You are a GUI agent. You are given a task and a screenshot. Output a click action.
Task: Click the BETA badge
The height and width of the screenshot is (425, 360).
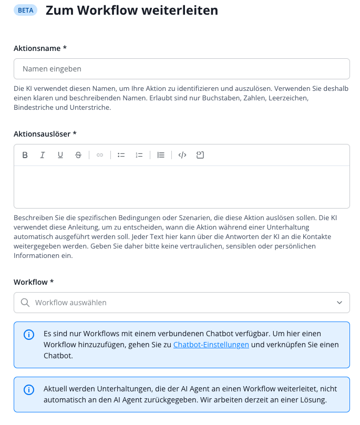coord(25,10)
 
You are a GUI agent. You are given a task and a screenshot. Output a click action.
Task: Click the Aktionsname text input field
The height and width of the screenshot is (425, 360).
coord(181,69)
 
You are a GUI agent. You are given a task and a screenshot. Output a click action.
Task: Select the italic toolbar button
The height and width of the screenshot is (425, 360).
coord(43,155)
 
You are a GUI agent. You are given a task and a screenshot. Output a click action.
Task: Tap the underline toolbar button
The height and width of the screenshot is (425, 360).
coord(60,155)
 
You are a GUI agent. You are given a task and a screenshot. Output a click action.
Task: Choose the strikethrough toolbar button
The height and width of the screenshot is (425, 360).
coord(78,155)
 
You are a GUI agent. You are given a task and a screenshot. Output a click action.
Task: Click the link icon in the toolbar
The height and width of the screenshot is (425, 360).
coord(100,155)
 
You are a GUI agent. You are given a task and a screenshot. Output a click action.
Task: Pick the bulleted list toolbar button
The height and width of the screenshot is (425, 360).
coord(121,155)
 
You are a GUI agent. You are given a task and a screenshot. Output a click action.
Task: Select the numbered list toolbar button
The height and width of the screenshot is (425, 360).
coord(139,155)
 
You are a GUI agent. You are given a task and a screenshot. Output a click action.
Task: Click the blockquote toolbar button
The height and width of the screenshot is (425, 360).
coord(161,155)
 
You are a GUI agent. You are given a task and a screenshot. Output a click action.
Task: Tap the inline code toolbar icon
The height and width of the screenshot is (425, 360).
coord(182,155)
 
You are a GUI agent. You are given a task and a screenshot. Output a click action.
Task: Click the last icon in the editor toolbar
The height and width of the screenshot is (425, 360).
coord(200,155)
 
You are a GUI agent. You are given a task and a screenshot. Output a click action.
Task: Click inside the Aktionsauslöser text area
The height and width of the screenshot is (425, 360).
coord(181,186)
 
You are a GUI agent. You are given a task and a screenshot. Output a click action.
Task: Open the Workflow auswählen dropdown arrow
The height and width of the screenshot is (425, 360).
coord(339,303)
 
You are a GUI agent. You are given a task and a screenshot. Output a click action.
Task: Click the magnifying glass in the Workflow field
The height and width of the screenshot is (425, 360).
coord(25,303)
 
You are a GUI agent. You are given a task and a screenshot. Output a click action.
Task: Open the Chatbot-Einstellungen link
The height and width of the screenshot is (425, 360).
coord(211,345)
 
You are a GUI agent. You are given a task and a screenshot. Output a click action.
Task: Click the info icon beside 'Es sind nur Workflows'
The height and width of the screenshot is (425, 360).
coord(29,335)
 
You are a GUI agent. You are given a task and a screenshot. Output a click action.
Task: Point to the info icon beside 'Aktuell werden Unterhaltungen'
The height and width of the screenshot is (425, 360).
coord(29,390)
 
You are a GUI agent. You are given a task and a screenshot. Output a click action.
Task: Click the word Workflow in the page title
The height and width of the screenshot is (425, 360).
coord(100,10)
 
